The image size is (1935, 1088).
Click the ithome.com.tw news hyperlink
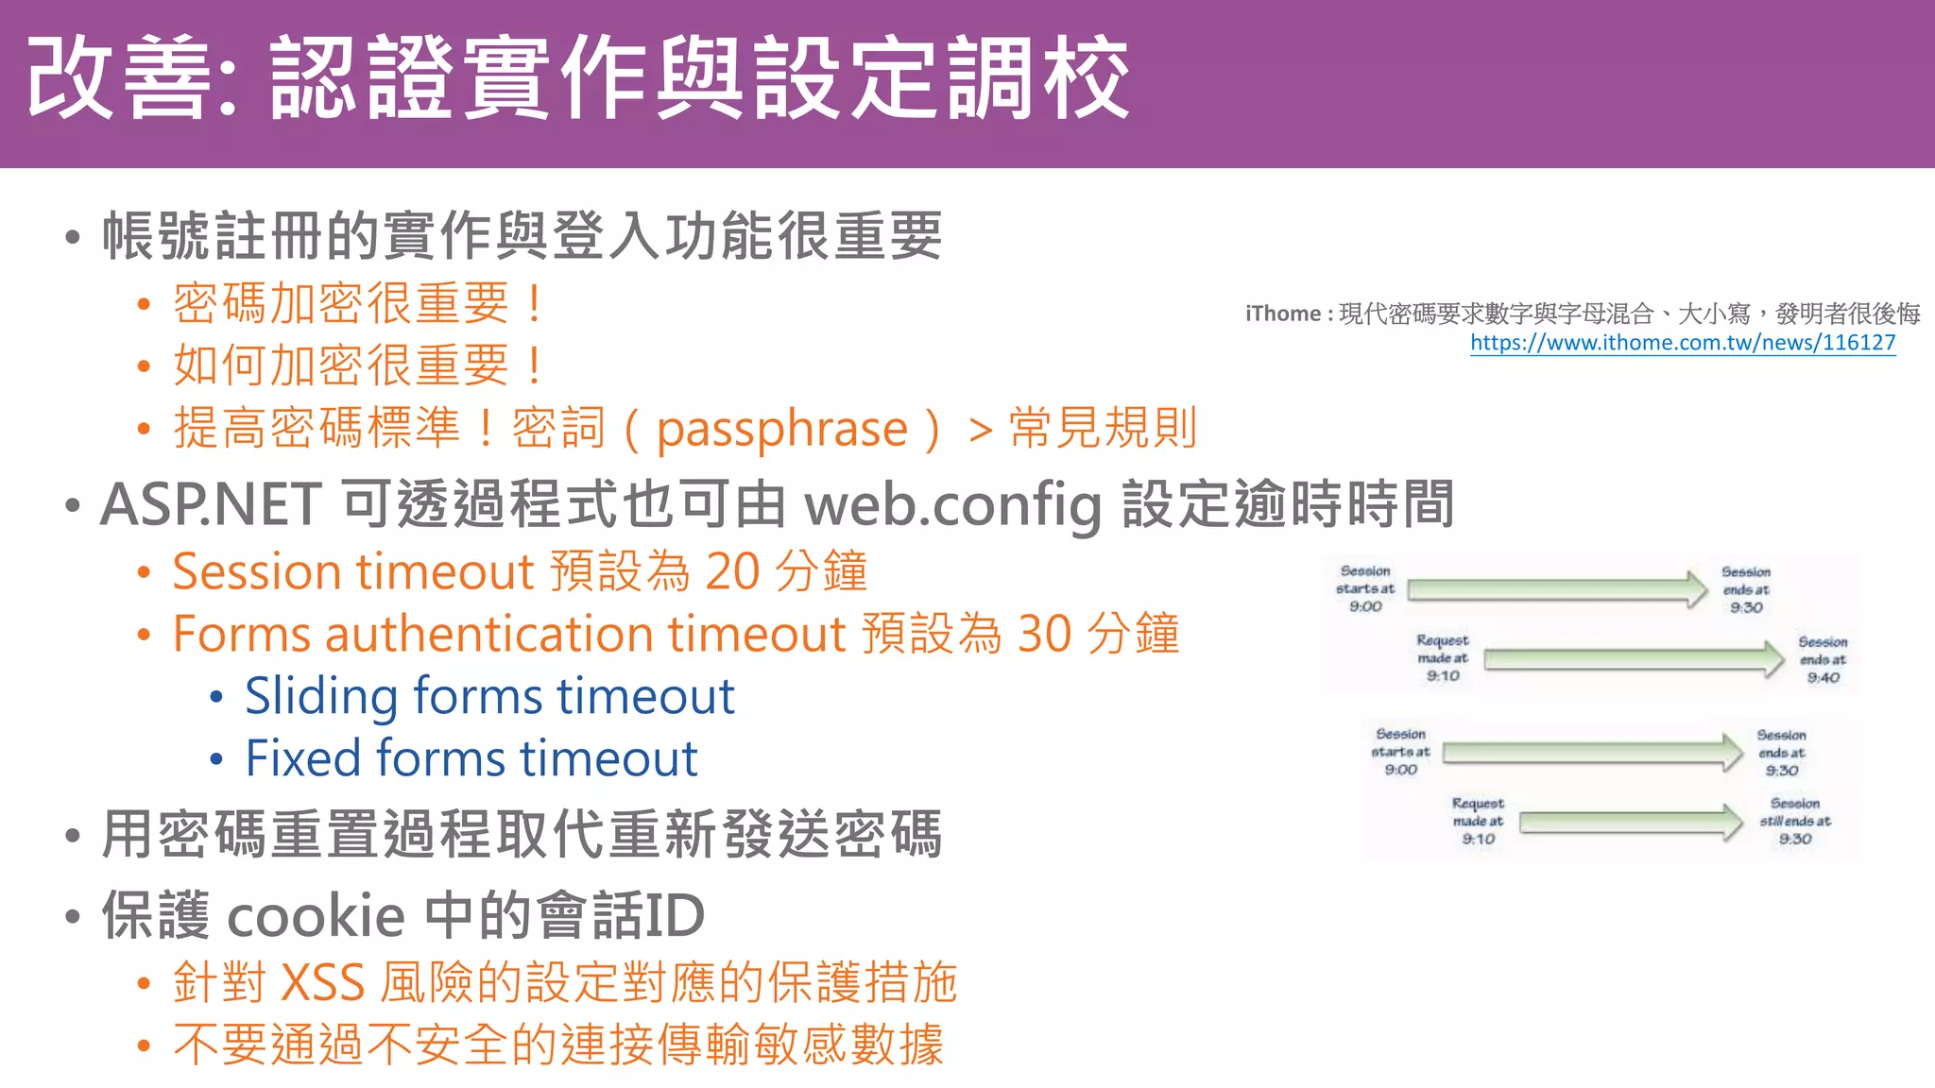(1683, 343)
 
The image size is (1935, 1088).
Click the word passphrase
(781, 430)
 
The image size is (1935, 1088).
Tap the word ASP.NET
(211, 504)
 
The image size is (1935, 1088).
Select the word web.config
(952, 504)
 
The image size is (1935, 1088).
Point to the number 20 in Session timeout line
(732, 571)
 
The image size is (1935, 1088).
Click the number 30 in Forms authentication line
(1044, 634)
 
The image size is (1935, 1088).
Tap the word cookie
(317, 916)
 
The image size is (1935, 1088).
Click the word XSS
(323, 982)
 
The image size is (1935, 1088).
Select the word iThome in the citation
(1282, 314)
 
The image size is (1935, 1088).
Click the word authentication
(489, 634)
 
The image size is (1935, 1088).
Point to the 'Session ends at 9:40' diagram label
(1822, 659)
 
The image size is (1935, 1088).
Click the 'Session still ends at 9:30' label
(1794, 821)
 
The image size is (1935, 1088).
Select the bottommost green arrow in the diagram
(1631, 822)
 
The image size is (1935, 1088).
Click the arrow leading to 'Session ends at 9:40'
(1634, 658)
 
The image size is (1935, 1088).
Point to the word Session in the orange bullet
(256, 571)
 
